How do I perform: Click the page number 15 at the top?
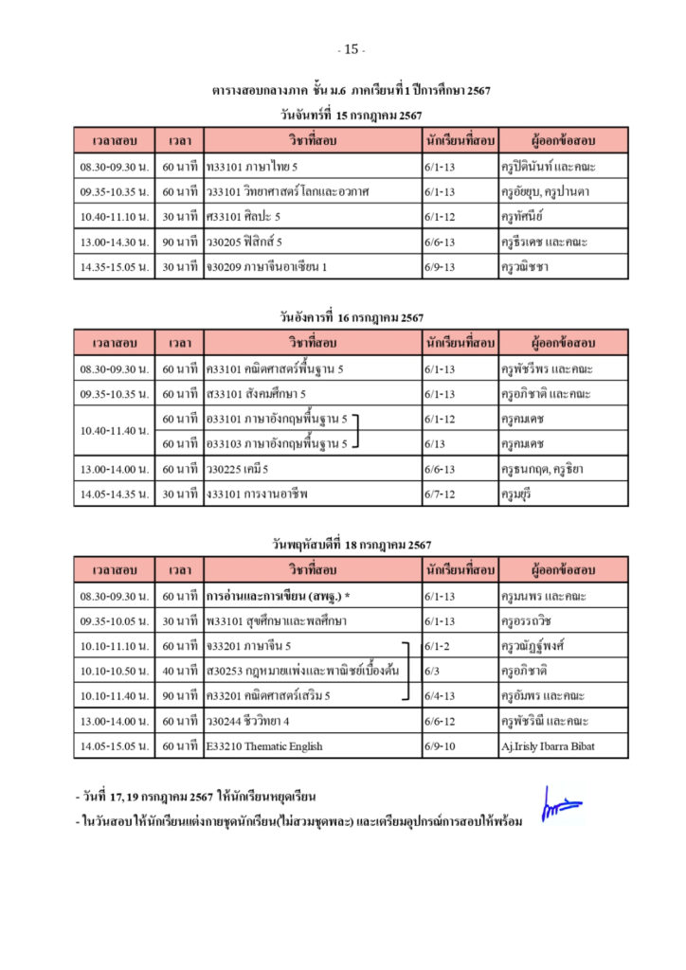pyautogui.click(x=351, y=49)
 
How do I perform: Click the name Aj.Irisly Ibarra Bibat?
pyautogui.click(x=550, y=746)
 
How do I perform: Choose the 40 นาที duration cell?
pyautogui.click(x=179, y=671)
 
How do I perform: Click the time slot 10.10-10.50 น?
pyautogui.click(x=114, y=671)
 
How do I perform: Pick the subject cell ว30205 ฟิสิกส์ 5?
pyautogui.click(x=244, y=242)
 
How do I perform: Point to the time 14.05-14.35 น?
pyautogui.click(x=114, y=494)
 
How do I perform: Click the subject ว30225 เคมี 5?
pyautogui.click(x=238, y=469)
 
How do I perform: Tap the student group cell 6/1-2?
pyautogui.click(x=438, y=646)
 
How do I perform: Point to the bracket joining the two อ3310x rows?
pyautogui.click(x=358, y=431)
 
